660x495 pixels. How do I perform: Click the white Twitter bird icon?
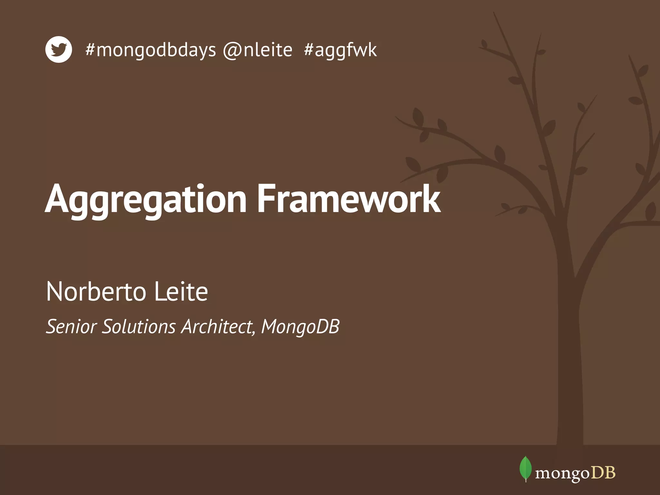click(58, 49)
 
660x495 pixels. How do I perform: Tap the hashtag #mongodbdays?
click(150, 50)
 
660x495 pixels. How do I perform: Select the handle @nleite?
click(258, 50)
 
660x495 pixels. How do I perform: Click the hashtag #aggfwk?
click(340, 50)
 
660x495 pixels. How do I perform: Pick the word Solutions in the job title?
click(139, 326)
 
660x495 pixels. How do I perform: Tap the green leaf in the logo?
click(525, 468)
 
